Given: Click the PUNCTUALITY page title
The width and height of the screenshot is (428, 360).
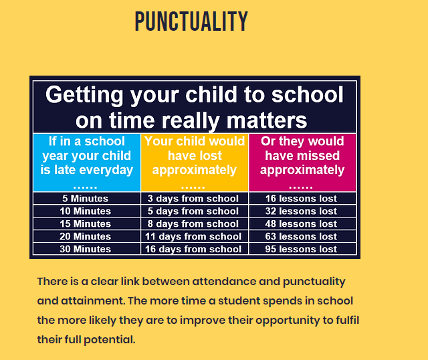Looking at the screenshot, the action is [191, 21].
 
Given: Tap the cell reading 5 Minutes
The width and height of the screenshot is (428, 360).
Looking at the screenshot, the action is [86, 198].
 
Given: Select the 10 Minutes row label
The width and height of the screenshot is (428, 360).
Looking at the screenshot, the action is [86, 211].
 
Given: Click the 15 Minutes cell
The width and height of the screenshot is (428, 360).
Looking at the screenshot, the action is [86, 223].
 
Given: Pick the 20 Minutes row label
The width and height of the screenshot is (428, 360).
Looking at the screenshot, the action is [86, 236].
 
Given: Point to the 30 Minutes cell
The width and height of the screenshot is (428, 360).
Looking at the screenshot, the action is [86, 249].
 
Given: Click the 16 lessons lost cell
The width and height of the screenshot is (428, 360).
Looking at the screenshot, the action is [302, 198].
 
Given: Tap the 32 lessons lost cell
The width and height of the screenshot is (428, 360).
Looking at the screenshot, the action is [302, 211].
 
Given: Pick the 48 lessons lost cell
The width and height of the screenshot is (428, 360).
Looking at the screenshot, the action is [302, 223].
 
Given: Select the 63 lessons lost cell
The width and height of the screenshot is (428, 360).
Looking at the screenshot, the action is [302, 236].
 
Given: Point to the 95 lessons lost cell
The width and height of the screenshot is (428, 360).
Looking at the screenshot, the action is [302, 249].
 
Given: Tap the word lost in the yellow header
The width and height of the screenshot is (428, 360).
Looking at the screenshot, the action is [210, 156].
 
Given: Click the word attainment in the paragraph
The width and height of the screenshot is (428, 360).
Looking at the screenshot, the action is [92, 300].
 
